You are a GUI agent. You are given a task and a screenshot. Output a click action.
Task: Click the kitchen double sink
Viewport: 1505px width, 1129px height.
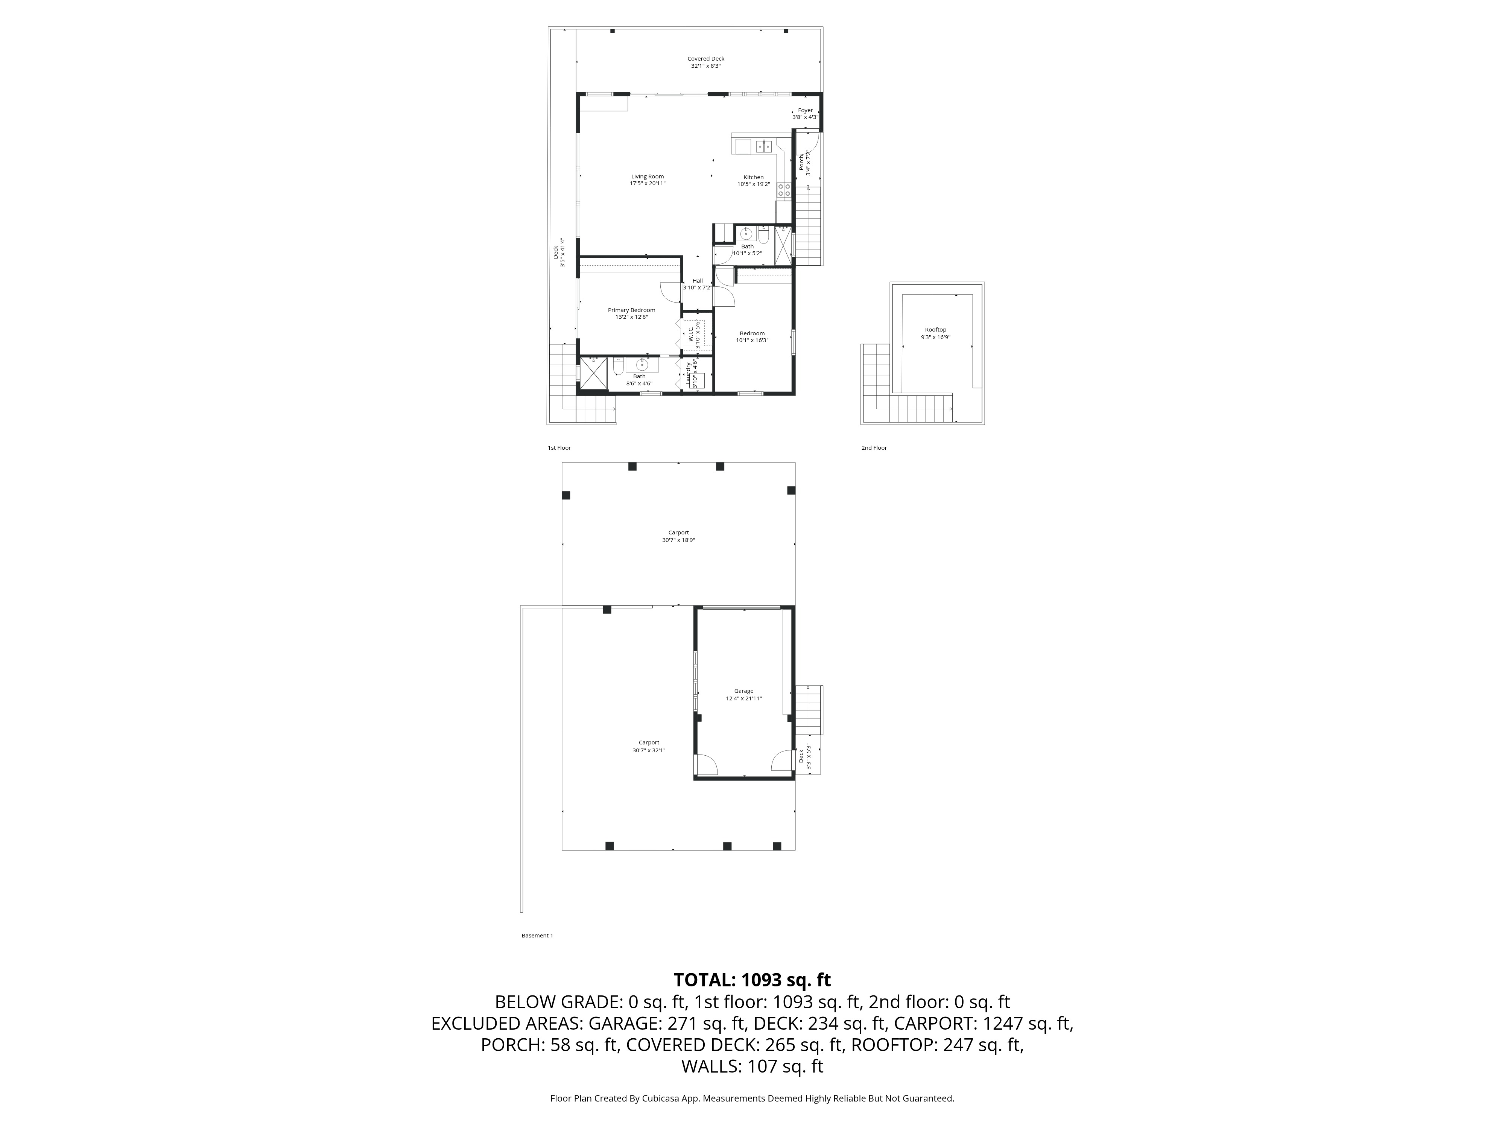[763, 146]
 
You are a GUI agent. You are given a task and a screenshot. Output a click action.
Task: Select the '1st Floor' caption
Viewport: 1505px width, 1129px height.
[559, 448]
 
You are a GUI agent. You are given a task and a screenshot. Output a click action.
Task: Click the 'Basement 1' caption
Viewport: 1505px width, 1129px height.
[537, 936]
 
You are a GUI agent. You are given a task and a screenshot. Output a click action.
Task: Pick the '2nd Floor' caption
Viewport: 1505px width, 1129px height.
[874, 448]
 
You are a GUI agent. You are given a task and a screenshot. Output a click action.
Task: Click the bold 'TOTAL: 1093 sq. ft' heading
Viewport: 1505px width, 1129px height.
[752, 980]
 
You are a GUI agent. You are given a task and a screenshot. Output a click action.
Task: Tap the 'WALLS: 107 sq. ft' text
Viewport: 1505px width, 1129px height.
[752, 1067]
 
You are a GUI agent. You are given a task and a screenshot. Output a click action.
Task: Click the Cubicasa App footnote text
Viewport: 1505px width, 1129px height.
[752, 1099]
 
